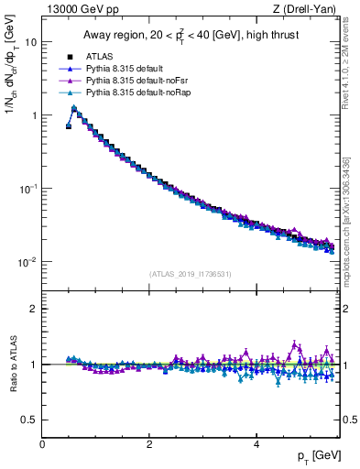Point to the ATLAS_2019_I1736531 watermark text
pyautogui.click(x=189, y=273)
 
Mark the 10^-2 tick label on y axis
pyautogui.click(x=27, y=262)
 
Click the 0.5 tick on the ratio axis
pyautogui.click(x=29, y=420)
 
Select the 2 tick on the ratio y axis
pyautogui.click(x=33, y=309)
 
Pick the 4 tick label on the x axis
pyautogui.click(x=256, y=444)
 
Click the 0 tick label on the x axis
pyautogui.click(x=42, y=444)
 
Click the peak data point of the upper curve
pyautogui.click(x=74, y=108)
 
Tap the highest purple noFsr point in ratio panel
pyautogui.click(x=295, y=344)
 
